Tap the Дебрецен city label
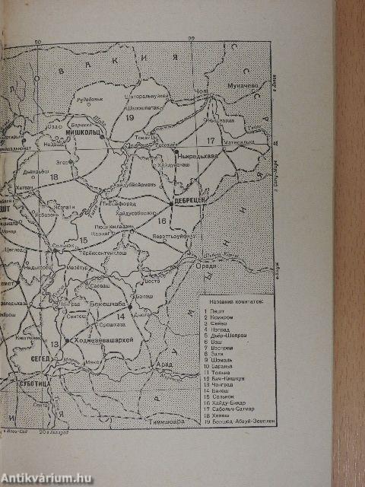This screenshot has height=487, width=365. point(190,200)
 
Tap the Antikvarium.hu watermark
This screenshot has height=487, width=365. point(47,478)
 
